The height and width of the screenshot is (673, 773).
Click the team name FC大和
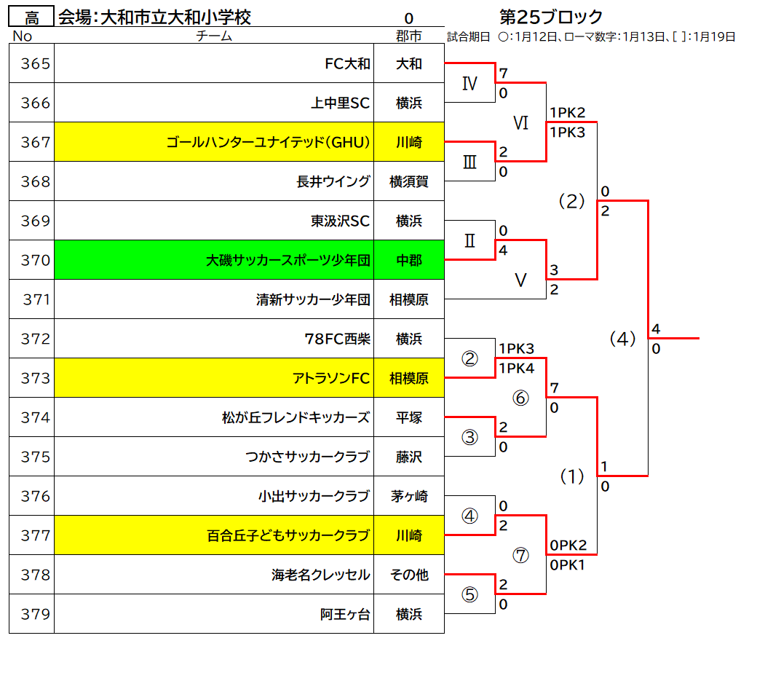[347, 63]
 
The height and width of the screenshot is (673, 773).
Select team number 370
[36, 260]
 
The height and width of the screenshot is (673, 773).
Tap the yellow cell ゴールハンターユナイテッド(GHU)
[214, 142]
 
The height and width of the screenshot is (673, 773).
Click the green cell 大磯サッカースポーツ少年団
[214, 260]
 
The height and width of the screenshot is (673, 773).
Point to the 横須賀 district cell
[408, 181]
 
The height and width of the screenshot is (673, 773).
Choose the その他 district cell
[408, 575]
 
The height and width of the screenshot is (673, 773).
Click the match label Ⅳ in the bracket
[469, 83]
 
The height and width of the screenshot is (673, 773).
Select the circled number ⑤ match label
[469, 594]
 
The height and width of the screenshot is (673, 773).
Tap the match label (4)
[622, 339]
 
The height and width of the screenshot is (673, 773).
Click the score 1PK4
[516, 368]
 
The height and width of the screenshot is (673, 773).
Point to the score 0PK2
[568, 546]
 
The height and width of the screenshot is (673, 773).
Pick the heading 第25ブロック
[551, 17]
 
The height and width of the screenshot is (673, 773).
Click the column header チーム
[214, 36]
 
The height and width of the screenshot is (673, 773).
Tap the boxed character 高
[31, 18]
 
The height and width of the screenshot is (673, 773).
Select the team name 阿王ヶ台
[345, 614]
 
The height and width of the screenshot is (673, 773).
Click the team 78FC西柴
[337, 339]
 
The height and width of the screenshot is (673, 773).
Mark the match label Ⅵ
[520, 123]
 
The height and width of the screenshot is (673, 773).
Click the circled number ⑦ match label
[520, 556]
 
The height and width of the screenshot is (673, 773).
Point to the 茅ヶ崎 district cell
[408, 496]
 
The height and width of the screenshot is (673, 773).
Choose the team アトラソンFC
[330, 379]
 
